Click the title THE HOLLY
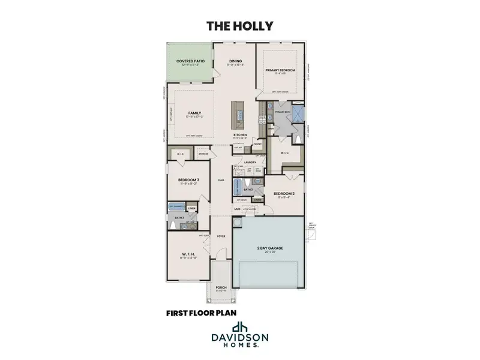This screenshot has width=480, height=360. (239, 26)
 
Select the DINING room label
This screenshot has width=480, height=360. (235, 61)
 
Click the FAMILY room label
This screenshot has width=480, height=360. (194, 113)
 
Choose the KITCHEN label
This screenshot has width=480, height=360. (241, 135)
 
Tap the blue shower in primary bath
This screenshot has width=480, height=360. (298, 113)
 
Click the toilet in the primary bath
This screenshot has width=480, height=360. (298, 140)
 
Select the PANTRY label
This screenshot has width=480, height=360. (257, 144)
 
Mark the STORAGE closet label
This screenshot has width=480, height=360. (203, 154)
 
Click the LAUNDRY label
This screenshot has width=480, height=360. (250, 161)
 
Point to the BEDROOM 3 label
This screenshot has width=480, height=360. (188, 180)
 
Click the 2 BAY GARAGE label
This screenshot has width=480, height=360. (269, 247)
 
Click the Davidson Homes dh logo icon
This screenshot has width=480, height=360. (240, 328)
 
